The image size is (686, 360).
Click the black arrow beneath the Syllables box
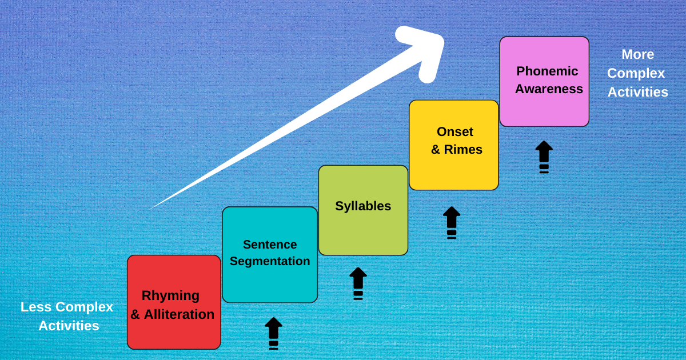[358, 282]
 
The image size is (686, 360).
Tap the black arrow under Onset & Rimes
[452, 221]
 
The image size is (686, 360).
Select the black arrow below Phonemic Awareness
[544, 155]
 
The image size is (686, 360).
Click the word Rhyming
[170, 295]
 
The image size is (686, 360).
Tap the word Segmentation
[270, 261]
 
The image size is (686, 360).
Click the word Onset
[455, 131]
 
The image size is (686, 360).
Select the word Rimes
[463, 150]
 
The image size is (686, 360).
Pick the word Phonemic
[547, 71]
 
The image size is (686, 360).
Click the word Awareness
[549, 89]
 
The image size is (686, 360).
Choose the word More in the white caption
[637, 54]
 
